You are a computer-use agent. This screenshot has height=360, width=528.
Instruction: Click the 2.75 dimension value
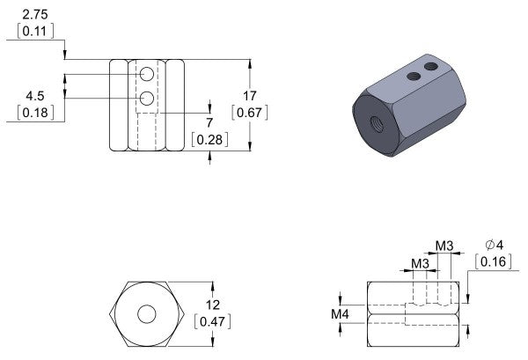(x=34, y=14)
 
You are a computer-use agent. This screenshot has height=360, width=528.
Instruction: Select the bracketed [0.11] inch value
(x=35, y=31)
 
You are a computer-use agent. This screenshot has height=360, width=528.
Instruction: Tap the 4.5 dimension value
(x=35, y=96)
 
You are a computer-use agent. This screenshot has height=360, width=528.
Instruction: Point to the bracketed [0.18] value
(x=35, y=113)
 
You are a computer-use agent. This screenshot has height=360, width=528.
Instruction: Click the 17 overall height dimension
(x=249, y=96)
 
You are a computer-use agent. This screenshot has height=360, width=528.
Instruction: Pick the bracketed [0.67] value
(x=249, y=113)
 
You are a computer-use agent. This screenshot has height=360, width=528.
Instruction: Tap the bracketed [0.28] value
(x=210, y=139)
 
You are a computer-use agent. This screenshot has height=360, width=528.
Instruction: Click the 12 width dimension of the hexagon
(x=211, y=305)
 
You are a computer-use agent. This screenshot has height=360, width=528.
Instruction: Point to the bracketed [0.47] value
(x=211, y=321)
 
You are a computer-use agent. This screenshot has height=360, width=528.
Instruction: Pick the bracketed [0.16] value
(x=493, y=261)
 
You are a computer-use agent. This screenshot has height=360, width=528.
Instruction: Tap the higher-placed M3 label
(x=445, y=245)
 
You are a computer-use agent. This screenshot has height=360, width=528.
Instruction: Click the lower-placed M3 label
(x=421, y=263)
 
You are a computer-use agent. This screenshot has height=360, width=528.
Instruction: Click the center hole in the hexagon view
(x=147, y=313)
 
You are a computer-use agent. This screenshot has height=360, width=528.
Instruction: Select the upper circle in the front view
(x=146, y=77)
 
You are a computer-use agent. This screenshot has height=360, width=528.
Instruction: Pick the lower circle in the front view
(x=146, y=97)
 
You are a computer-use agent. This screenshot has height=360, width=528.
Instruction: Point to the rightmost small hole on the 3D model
(x=431, y=66)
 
